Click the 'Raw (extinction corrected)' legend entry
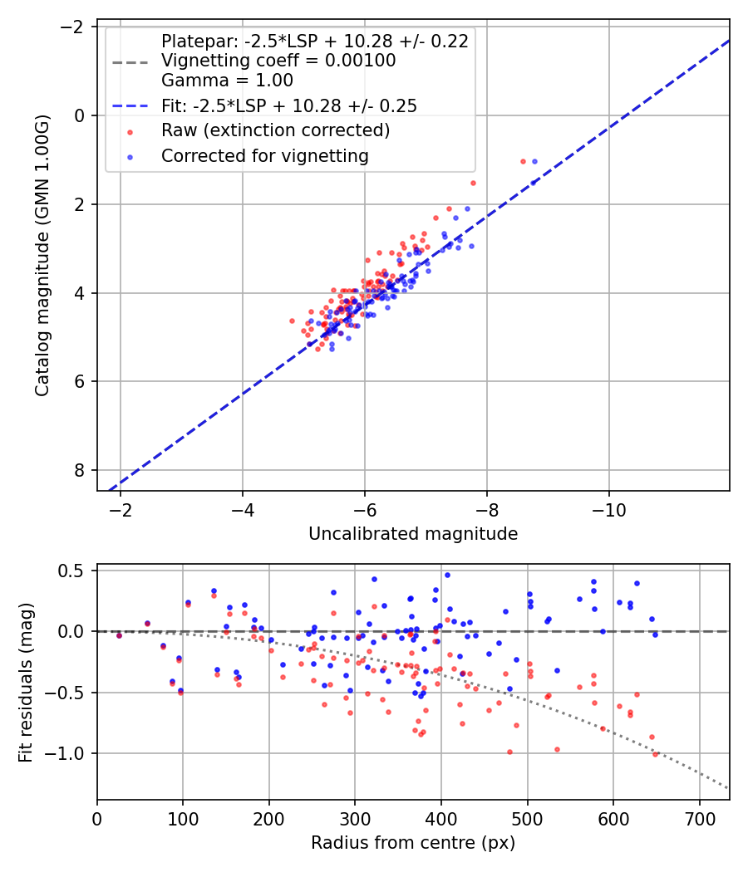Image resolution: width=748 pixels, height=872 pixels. (x=275, y=130)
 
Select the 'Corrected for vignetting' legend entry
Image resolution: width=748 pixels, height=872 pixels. (x=265, y=155)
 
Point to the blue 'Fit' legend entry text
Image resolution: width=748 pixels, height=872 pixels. (x=288, y=105)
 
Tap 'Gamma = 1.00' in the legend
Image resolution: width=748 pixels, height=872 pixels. (x=227, y=81)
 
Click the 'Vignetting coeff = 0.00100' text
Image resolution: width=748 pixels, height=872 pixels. (x=278, y=61)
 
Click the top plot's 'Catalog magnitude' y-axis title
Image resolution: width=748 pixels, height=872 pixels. (x=42, y=256)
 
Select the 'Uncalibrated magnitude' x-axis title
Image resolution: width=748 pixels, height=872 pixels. (x=413, y=533)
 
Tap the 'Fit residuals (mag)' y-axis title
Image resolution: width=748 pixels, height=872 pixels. (x=26, y=682)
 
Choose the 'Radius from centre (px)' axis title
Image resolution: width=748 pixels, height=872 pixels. (x=413, y=843)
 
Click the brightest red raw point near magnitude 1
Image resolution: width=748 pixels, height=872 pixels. (x=523, y=161)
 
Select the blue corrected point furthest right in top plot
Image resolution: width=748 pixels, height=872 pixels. (x=534, y=161)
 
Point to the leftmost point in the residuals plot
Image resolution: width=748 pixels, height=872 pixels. (x=119, y=635)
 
